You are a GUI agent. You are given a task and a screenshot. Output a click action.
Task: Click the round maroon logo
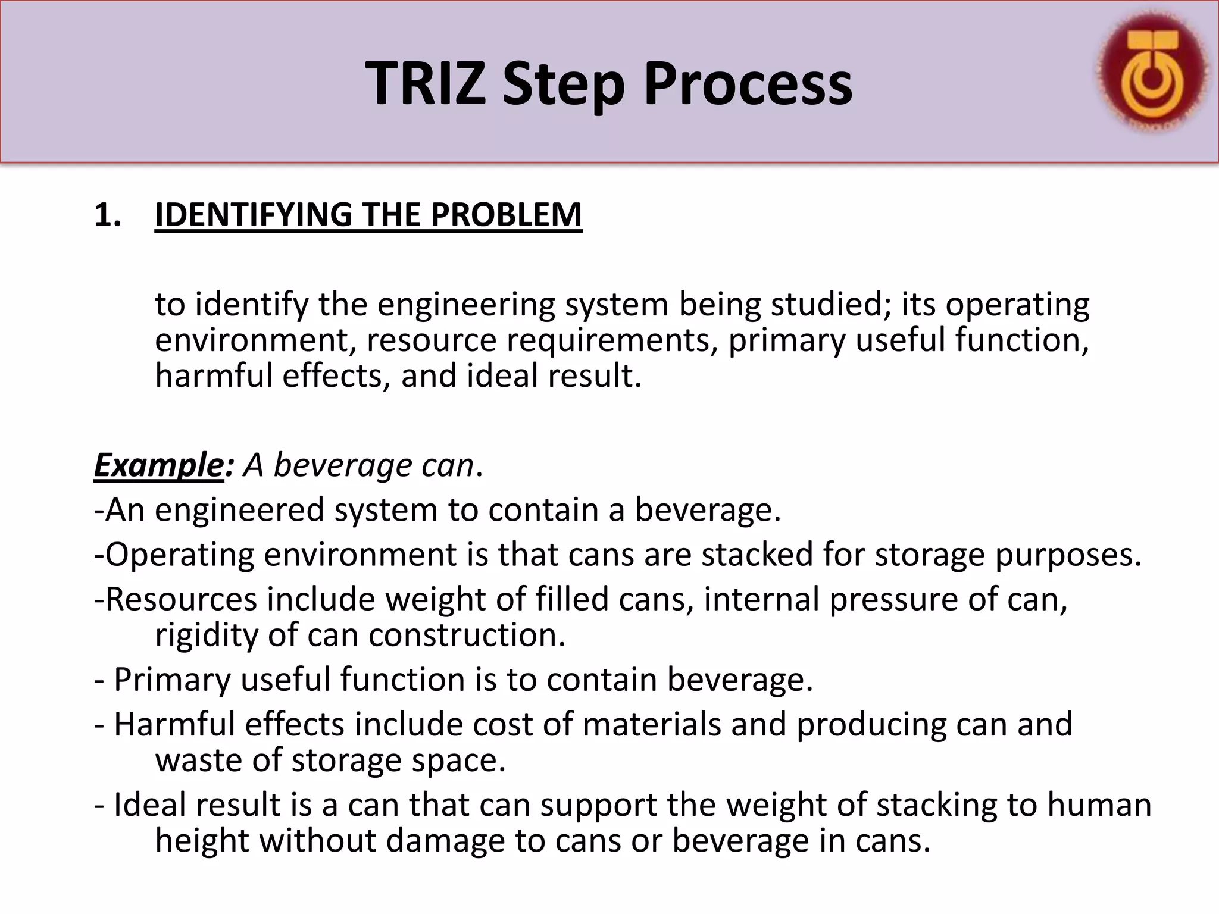1152,72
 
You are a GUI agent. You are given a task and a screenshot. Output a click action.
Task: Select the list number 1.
107,215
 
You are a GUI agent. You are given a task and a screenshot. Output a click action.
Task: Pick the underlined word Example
158,465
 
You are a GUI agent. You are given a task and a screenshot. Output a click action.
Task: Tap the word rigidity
206,635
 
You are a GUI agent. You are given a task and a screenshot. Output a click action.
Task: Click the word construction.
467,635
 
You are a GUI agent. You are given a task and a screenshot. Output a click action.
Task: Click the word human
1099,805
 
